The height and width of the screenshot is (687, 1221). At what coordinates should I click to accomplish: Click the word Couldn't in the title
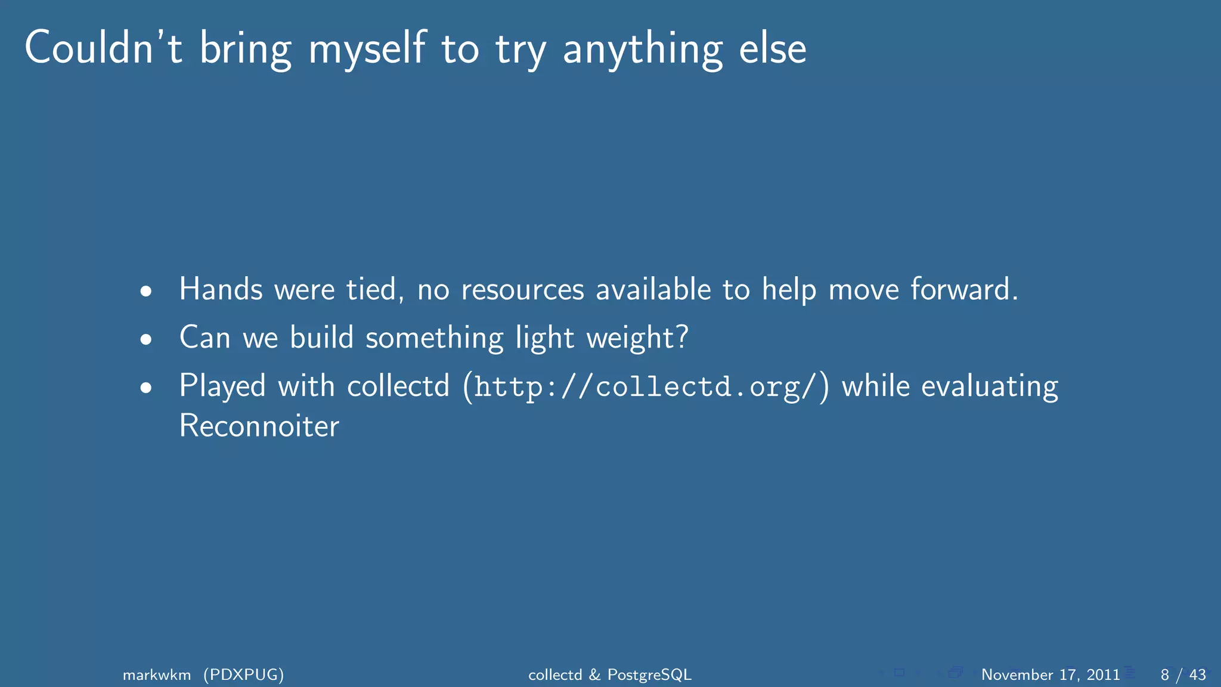[103, 48]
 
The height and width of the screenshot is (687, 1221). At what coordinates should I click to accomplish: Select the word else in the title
[773, 48]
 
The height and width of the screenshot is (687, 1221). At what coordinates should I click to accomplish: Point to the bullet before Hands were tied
[146, 292]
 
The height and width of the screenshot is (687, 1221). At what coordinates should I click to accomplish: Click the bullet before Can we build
[146, 339]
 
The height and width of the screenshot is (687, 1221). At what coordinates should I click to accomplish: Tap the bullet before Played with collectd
[146, 388]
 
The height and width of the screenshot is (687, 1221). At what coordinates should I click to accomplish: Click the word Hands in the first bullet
[221, 289]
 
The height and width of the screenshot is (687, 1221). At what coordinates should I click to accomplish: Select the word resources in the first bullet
[522, 290]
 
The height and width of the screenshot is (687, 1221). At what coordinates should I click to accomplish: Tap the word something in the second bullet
[434, 338]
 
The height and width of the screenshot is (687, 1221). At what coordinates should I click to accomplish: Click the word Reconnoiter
[259, 426]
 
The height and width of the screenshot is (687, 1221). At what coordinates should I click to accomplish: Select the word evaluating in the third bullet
[989, 387]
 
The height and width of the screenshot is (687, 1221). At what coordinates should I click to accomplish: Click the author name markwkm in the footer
[157, 674]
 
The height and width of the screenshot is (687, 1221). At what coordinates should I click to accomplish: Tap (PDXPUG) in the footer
[243, 674]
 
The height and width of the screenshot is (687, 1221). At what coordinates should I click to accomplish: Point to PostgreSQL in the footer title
[649, 674]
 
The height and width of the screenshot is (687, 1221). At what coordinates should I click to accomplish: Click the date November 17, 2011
[1050, 674]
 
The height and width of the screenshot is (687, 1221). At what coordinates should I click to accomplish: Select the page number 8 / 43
[1183, 674]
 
